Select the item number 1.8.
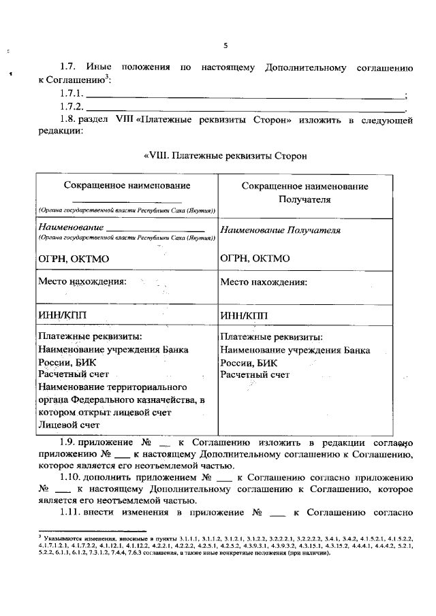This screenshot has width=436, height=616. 70,120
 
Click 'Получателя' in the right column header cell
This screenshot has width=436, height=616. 305,199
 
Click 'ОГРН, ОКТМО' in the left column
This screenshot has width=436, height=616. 74,259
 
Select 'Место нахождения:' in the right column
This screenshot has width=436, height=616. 264,282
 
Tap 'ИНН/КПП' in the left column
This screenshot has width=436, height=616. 63,314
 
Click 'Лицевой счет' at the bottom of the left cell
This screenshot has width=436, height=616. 65,425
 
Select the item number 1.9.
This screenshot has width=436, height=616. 70,442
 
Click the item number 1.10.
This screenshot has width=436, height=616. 72,478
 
